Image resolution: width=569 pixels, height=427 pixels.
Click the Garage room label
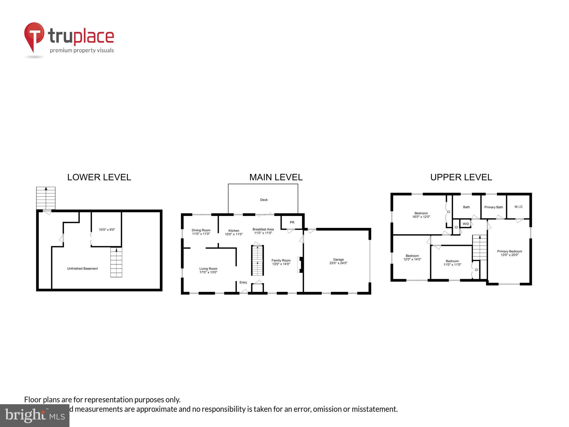point(338,261)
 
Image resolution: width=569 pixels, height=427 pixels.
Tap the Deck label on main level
point(264,200)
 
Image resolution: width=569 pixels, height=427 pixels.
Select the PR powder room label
point(292,222)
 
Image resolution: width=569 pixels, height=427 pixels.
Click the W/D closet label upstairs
point(466,224)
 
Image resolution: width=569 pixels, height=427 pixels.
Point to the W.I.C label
point(518,207)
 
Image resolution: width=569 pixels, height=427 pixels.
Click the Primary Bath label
point(493,207)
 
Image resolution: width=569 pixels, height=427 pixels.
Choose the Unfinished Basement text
point(83,269)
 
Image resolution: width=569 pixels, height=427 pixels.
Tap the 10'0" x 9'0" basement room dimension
point(107,230)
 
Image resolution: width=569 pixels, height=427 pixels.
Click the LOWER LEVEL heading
point(99,177)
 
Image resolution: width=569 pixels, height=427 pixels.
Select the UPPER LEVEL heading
point(461,177)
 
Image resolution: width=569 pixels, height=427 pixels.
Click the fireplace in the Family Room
point(300,265)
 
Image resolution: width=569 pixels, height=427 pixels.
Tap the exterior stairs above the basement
point(46,198)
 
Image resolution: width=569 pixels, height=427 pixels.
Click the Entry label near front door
point(243,282)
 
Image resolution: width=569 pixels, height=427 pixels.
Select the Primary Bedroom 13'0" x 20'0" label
point(509,253)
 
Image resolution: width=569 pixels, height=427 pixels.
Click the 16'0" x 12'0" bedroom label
point(421,215)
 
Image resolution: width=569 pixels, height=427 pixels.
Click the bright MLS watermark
point(34,416)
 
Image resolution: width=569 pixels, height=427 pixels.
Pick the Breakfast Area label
point(263,231)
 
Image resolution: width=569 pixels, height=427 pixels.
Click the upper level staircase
point(480,247)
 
